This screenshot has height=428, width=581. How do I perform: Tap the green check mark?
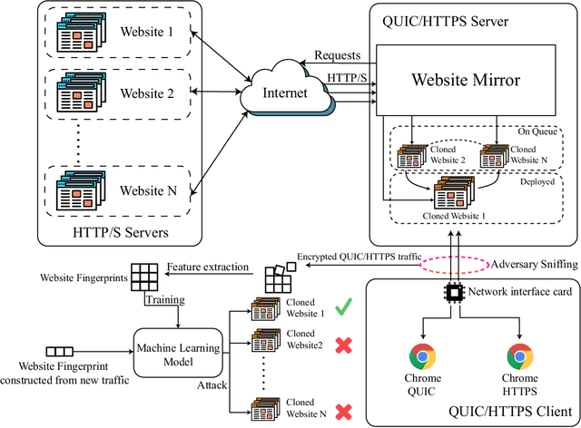tap(342, 309)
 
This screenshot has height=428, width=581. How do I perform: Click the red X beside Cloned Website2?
tap(342, 345)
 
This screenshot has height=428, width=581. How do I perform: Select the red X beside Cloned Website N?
tap(342, 412)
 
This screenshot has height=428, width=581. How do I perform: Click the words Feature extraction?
tap(209, 267)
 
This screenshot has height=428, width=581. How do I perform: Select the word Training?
tap(168, 298)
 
